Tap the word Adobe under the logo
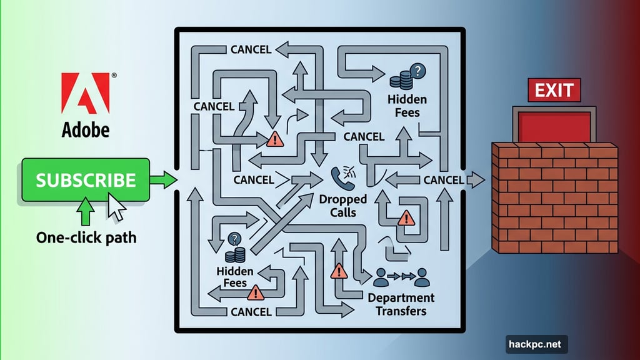(x=85, y=129)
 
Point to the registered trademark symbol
(x=113, y=76)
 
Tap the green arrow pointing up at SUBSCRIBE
(x=85, y=212)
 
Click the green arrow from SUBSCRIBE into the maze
(x=164, y=181)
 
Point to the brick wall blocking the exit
(x=554, y=197)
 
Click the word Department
(x=401, y=298)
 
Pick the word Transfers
(x=401, y=311)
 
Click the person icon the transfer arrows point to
(x=422, y=276)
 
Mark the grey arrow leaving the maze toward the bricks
(x=476, y=181)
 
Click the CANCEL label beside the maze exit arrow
(x=444, y=180)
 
